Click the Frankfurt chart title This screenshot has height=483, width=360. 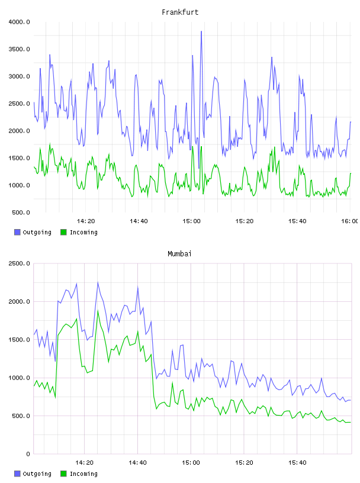point(180,12)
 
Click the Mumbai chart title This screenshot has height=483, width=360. point(179,254)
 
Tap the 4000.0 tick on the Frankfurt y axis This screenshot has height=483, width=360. point(20,22)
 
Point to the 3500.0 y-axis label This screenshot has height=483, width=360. point(20,49)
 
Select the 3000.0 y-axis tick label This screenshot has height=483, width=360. point(20,76)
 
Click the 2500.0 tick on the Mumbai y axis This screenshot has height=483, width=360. point(20,263)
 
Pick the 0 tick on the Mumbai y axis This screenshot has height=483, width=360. point(28,454)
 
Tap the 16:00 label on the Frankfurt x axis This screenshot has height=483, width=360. point(349,221)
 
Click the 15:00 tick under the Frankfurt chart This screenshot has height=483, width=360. point(191,221)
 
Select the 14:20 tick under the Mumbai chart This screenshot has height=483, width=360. point(85,463)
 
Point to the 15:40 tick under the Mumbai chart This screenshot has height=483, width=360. point(297,463)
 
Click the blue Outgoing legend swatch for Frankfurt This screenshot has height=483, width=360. point(17,232)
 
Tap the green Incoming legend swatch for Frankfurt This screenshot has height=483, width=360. point(63,232)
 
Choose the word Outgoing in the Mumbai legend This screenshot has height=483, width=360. point(37,474)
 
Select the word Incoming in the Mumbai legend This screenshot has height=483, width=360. point(83,474)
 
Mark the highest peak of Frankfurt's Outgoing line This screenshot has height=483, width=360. point(201,31)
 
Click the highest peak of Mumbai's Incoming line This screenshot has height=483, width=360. point(98,311)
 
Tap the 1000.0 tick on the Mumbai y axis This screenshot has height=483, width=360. point(20,378)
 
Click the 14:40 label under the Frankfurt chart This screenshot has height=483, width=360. point(139,221)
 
